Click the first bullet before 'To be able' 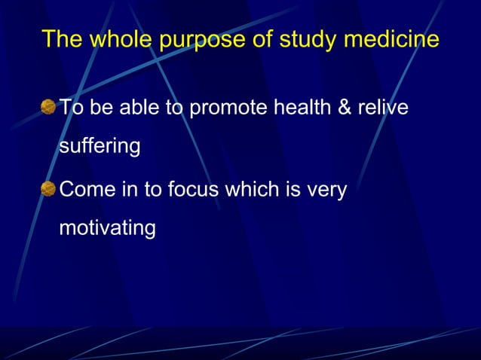tap(48, 108)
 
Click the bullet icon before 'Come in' tap(48, 190)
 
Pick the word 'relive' tap(385, 108)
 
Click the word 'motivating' tap(107, 227)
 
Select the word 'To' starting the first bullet tap(70, 108)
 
